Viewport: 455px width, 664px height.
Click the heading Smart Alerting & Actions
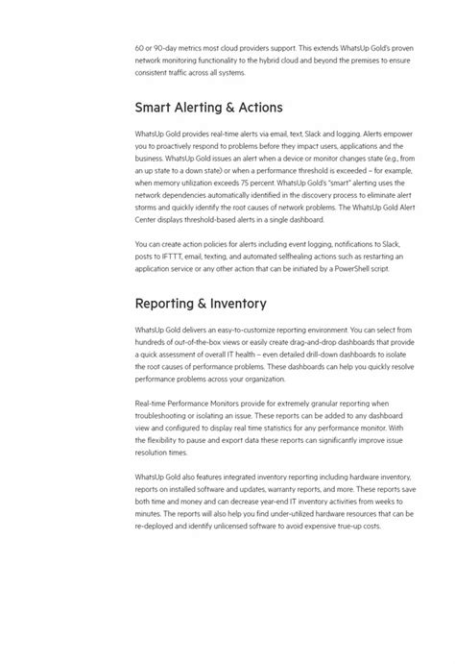pos(208,108)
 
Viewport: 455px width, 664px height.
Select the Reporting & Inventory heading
pos(201,304)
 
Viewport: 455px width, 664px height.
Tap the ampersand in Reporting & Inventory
pos(204,304)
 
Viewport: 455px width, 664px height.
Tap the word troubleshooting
pos(165,414)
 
